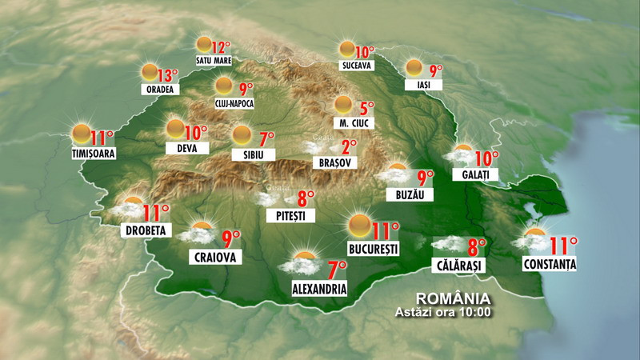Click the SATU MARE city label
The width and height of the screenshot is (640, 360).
(x=212, y=60)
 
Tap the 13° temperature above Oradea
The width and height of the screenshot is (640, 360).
(x=166, y=76)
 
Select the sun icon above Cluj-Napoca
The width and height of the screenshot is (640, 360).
(x=225, y=86)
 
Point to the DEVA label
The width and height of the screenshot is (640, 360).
(x=187, y=148)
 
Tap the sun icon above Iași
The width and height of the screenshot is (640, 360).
(x=414, y=68)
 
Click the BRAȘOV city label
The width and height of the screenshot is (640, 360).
(x=334, y=162)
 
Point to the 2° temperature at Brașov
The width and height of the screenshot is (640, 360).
(x=349, y=146)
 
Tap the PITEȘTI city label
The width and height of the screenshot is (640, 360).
(x=291, y=215)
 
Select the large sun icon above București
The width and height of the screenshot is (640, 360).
(x=359, y=225)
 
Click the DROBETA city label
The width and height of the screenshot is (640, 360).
(x=145, y=230)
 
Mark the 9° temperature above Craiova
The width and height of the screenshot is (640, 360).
(x=231, y=238)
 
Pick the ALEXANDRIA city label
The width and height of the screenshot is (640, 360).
(x=318, y=288)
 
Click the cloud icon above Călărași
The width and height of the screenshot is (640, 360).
(x=447, y=245)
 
